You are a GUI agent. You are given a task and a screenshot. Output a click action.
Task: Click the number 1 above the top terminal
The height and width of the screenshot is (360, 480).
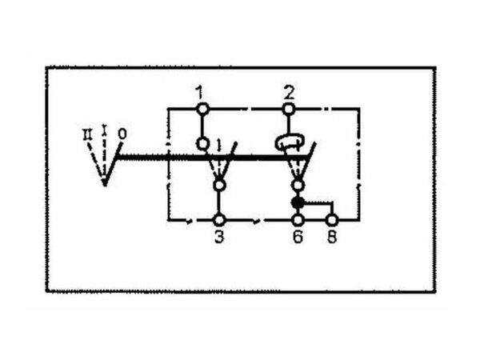(x=199, y=93)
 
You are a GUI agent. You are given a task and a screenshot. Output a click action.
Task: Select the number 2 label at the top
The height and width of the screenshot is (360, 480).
(x=289, y=93)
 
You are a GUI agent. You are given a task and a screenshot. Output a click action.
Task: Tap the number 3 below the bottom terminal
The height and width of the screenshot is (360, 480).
(x=219, y=237)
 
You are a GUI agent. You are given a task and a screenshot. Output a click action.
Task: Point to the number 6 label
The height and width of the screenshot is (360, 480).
(x=298, y=237)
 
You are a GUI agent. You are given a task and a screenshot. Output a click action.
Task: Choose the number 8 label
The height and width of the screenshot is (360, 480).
(x=332, y=237)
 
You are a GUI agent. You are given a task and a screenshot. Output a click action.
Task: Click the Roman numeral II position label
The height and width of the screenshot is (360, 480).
(x=88, y=134)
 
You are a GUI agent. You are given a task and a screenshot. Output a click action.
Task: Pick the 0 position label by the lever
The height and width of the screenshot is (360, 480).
(x=122, y=134)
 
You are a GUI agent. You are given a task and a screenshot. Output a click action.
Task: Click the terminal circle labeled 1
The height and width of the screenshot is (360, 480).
(x=202, y=109)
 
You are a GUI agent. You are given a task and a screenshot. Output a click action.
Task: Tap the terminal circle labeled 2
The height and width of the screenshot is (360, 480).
(x=288, y=109)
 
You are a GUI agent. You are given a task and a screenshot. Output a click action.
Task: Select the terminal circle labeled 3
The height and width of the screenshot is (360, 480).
(x=219, y=220)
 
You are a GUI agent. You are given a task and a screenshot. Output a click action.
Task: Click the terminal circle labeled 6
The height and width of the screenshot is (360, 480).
(x=298, y=220)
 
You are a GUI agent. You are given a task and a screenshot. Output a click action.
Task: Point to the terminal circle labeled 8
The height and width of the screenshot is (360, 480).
(x=332, y=220)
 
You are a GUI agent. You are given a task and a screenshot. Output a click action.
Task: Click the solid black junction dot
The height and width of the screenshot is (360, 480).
(x=298, y=202)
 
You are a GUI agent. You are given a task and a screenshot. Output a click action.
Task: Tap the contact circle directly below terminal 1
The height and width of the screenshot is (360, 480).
(x=202, y=143)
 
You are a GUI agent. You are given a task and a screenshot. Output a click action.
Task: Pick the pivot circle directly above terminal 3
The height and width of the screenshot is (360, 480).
(x=219, y=186)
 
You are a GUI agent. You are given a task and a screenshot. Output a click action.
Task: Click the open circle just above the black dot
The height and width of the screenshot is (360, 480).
(x=298, y=185)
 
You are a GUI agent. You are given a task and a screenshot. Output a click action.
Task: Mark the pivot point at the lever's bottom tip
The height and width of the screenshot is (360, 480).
(x=105, y=183)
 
